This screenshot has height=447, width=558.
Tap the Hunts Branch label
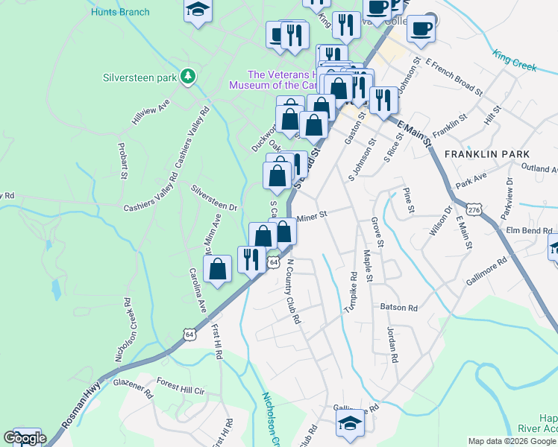119,12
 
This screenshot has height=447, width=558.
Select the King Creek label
514,60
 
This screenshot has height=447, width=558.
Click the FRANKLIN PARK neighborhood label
487,153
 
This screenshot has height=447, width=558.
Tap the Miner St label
313,217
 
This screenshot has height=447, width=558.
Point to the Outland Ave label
534,168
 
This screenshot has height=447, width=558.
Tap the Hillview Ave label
151,111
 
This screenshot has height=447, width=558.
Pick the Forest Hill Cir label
181,389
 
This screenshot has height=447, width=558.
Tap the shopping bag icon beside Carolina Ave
218,269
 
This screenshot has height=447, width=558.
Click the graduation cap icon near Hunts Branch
198,10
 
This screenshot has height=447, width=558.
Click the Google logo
25,438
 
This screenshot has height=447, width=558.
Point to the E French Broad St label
451,77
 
